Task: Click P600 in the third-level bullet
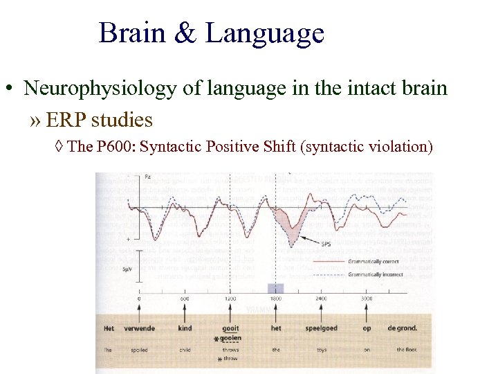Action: coord(120,147)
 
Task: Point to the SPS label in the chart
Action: coord(325,244)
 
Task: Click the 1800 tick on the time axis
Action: coord(276,299)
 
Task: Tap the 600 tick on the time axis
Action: coord(185,299)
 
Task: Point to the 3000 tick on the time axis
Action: coord(367,299)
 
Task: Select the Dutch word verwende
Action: coord(140,328)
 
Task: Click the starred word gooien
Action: coord(231,338)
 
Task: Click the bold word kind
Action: coord(185,328)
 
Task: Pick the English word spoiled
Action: coord(140,350)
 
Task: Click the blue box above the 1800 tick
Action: coord(275,288)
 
